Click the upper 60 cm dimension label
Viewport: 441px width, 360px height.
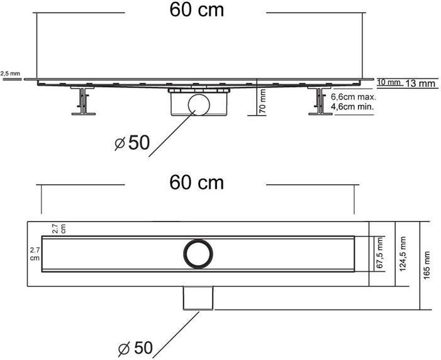pyautogui.click(x=196, y=10)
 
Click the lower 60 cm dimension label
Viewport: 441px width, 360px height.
pyautogui.click(x=196, y=183)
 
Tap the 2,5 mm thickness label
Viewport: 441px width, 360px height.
pyautogui.click(x=10, y=74)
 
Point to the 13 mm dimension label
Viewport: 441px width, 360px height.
pyautogui.click(x=420, y=83)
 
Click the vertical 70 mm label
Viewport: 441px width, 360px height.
pyautogui.click(x=262, y=101)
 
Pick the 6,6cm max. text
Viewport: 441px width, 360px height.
pyautogui.click(x=354, y=97)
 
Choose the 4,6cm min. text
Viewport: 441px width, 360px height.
pyautogui.click(x=353, y=106)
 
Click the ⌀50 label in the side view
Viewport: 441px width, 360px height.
pyautogui.click(x=132, y=143)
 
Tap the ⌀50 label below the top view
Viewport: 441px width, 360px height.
pyautogui.click(x=135, y=348)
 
